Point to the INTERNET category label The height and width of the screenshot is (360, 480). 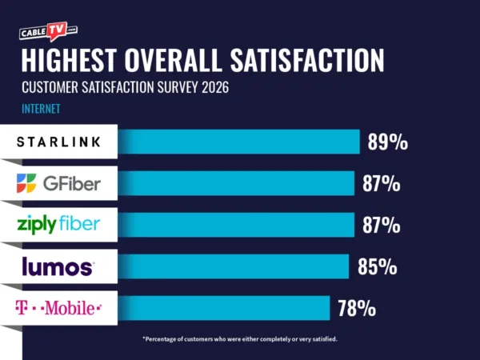point(41,108)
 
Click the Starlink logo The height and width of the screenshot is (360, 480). point(59,142)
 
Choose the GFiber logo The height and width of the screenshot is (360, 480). point(59,183)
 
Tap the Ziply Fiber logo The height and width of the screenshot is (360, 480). point(59,224)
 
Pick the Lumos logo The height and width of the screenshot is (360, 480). point(59,266)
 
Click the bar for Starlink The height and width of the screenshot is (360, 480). point(239,142)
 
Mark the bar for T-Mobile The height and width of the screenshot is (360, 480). point(224,307)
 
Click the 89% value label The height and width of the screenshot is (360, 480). point(388,142)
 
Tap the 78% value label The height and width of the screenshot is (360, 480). point(356,308)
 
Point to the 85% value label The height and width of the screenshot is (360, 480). point(378,266)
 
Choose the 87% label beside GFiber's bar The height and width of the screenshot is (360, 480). point(381,184)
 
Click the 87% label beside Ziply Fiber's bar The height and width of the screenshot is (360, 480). point(381,226)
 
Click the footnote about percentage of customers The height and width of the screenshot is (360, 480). point(240,339)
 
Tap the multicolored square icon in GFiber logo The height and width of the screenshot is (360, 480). point(26,183)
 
